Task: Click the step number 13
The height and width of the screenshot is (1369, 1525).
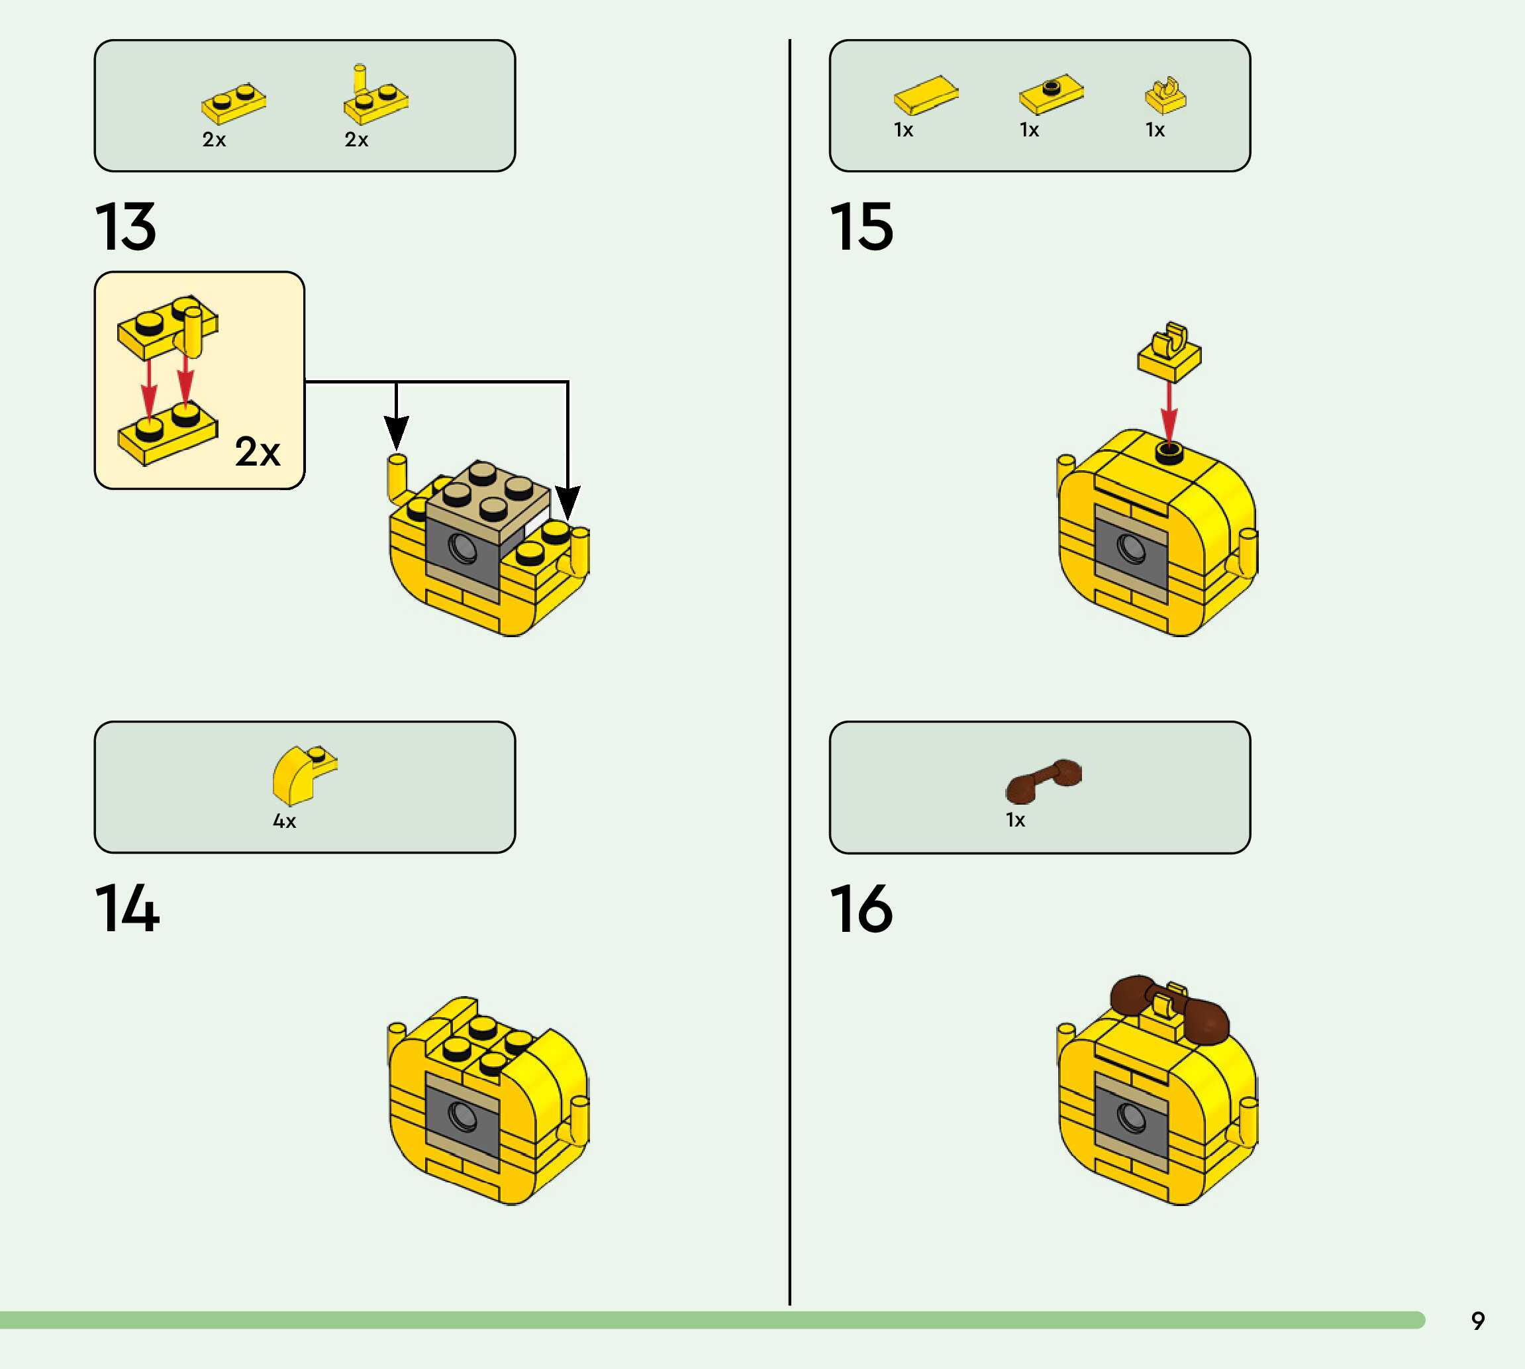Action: (x=126, y=227)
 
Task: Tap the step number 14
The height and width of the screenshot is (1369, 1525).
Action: (x=127, y=909)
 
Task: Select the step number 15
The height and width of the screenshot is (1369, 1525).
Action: (x=861, y=227)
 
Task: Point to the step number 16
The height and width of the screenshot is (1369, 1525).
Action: (x=861, y=909)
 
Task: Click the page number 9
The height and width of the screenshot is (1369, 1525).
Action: (x=1477, y=1321)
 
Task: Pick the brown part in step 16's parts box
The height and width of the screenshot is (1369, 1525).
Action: (x=1043, y=780)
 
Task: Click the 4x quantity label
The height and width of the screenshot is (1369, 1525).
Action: (x=284, y=821)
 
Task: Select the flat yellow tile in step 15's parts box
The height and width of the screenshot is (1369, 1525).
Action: (x=926, y=95)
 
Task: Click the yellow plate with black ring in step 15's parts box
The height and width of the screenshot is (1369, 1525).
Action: (x=1052, y=94)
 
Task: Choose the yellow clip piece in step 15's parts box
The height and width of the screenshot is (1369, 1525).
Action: (x=1165, y=95)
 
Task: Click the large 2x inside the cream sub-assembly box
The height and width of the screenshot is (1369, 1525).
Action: (x=257, y=451)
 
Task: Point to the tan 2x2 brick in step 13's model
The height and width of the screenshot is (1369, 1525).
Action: (x=487, y=497)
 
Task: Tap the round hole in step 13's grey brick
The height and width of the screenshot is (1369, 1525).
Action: (x=462, y=548)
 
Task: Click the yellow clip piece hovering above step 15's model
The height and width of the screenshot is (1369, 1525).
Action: (x=1169, y=352)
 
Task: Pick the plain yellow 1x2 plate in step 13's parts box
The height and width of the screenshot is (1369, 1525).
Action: (x=234, y=103)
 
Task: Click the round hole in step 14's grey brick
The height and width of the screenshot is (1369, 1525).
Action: (x=462, y=1115)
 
